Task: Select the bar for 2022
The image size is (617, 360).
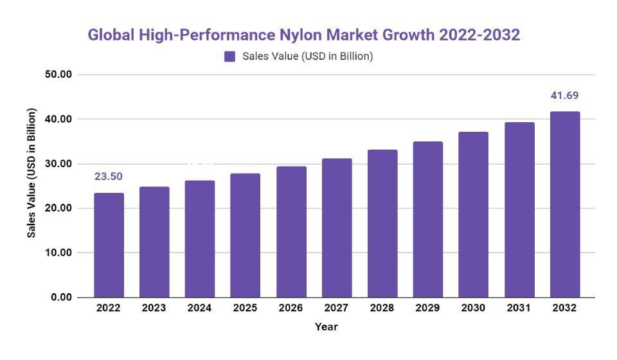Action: [109, 245]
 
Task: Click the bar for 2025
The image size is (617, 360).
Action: [246, 235]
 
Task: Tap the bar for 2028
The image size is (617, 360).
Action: [382, 224]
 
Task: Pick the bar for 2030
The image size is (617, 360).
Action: [473, 215]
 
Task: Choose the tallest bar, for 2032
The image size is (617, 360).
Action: [565, 204]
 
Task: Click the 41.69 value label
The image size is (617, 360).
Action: [564, 96]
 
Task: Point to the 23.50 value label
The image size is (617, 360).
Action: [109, 177]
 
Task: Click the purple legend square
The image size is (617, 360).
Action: [230, 57]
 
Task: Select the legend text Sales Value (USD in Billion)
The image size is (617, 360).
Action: [307, 57]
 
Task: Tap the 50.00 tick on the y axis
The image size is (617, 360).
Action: [57, 75]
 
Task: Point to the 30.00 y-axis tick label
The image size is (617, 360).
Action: [57, 164]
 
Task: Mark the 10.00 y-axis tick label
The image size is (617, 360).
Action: [57, 253]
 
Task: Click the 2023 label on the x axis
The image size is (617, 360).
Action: [154, 308]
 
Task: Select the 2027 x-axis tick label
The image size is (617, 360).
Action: [336, 308]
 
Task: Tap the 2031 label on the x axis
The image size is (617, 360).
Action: [519, 308]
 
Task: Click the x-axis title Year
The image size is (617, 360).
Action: [326, 327]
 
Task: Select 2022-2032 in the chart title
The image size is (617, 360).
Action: [479, 35]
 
